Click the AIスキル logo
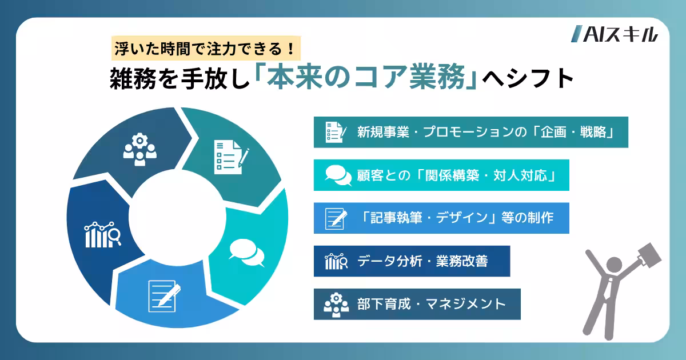pos(615,35)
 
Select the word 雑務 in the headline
pos(130,79)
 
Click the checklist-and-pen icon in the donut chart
pos(230,156)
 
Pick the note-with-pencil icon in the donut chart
pos(164,295)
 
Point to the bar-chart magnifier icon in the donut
pos(102,234)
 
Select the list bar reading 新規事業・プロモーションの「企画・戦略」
pos(470,132)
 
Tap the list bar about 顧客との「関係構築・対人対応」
pos(441,175)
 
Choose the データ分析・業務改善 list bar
pos(411,261)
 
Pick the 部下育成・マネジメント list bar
pos(417,304)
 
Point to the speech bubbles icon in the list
pos(338,175)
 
